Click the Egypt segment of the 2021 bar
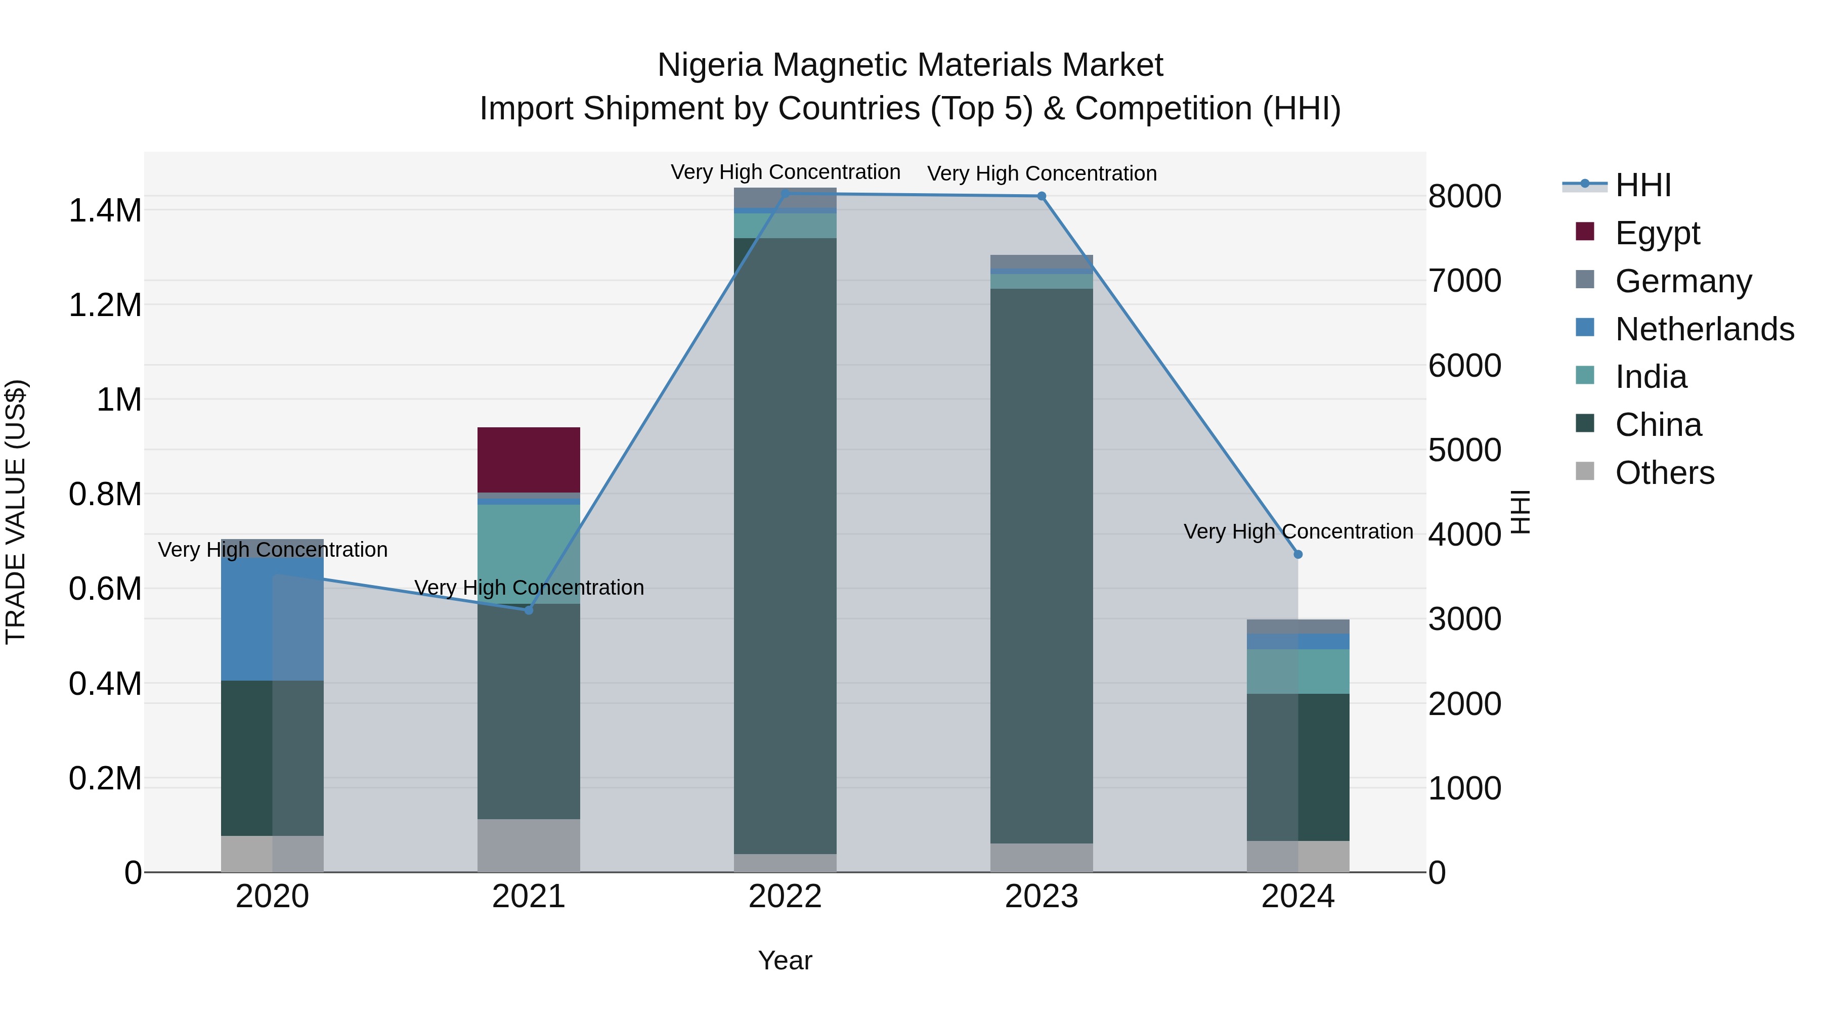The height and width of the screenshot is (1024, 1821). tap(528, 459)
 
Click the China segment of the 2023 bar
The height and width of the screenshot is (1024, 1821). tap(1042, 565)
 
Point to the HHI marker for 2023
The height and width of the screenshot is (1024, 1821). tap(1042, 197)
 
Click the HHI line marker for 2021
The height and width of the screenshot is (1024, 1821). tap(528, 610)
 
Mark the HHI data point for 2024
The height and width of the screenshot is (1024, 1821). tap(1298, 555)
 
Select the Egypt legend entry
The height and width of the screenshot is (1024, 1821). tap(1656, 233)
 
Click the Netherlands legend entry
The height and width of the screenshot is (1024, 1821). tap(1704, 329)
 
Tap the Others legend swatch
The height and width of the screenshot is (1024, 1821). tap(1585, 471)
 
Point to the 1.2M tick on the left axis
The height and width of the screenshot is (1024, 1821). tap(105, 305)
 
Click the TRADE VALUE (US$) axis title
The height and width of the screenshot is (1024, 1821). tap(16, 512)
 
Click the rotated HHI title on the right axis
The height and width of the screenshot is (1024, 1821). tap(1521, 512)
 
